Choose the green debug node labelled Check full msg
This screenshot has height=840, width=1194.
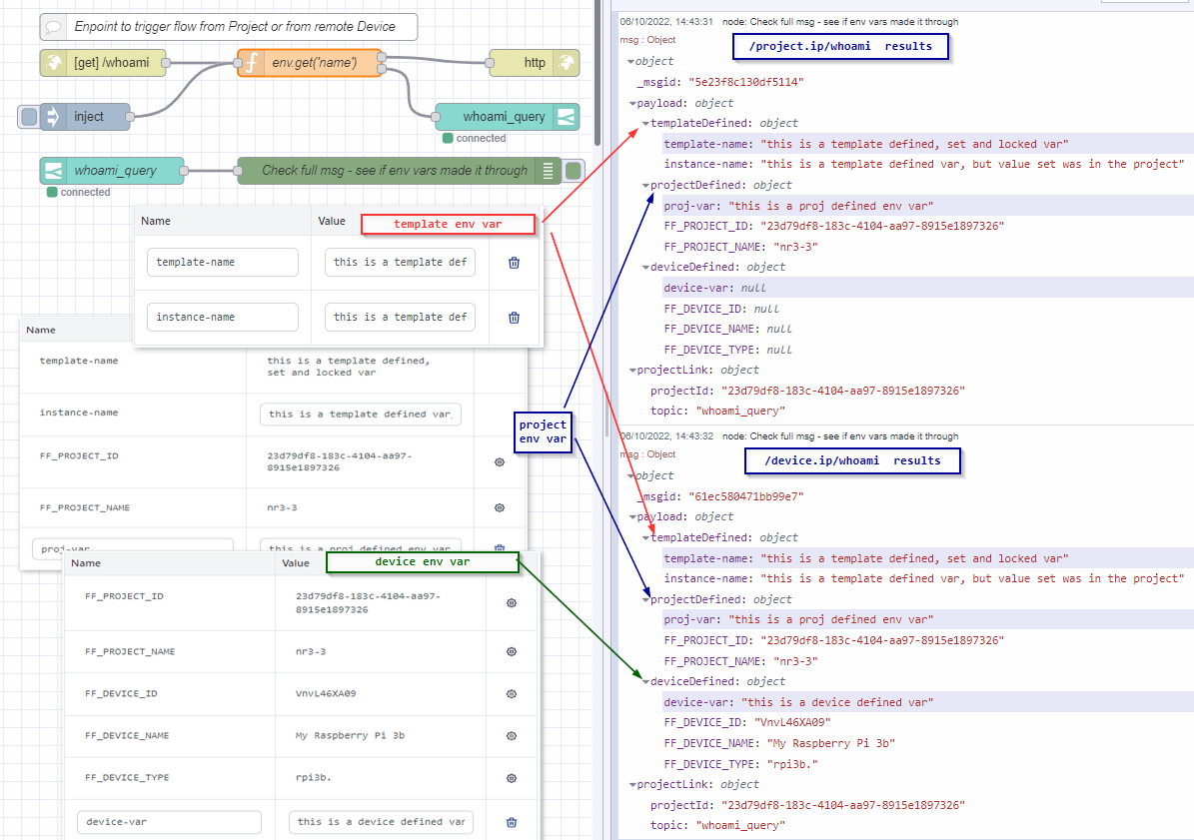pos(394,170)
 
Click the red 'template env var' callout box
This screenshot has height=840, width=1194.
pos(448,224)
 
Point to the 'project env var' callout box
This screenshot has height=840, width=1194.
pos(543,431)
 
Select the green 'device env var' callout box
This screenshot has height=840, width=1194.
pos(422,562)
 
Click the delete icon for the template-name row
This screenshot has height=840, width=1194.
pos(514,263)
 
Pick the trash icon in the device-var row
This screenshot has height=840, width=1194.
pos(512,822)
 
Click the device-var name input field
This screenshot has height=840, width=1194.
pos(169,822)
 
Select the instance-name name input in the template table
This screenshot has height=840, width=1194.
pos(222,317)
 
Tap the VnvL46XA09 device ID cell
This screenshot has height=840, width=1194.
pos(326,693)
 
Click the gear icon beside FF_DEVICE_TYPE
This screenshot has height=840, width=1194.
pos(512,778)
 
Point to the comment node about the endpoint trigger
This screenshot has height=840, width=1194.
pos(230,27)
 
